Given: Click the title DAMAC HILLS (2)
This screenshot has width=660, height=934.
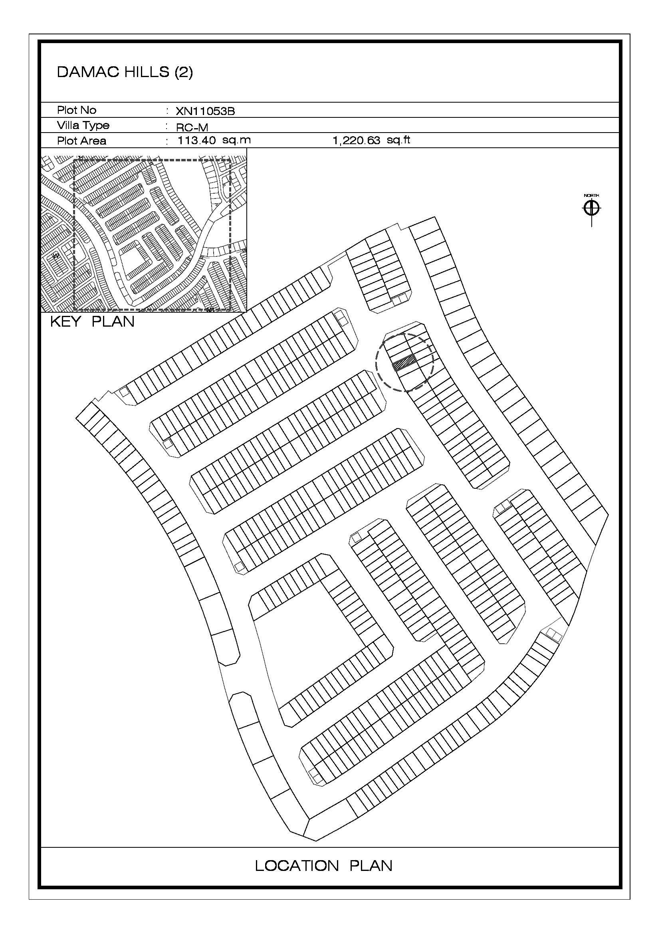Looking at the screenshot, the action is point(125,72).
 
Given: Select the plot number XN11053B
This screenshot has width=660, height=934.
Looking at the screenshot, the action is point(205,111).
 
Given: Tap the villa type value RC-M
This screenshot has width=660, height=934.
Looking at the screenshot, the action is point(192,127).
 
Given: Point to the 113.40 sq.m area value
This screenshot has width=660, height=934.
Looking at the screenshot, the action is point(214,140).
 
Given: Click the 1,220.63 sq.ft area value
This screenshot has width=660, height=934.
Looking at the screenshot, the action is point(371,140).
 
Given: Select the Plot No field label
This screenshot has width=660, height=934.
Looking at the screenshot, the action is point(76,110).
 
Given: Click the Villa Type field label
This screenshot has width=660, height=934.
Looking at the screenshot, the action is point(83,125).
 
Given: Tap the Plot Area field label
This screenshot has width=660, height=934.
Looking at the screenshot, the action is point(81,141).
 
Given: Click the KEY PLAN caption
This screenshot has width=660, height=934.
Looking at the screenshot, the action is point(92,321).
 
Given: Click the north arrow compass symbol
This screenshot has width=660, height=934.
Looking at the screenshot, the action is point(592,209).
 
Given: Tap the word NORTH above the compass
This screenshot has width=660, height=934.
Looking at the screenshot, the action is point(592,196).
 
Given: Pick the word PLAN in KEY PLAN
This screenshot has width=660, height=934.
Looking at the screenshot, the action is point(113,321).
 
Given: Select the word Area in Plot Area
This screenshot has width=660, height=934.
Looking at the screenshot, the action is point(93,141).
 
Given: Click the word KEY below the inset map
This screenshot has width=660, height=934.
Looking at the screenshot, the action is point(65,321).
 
